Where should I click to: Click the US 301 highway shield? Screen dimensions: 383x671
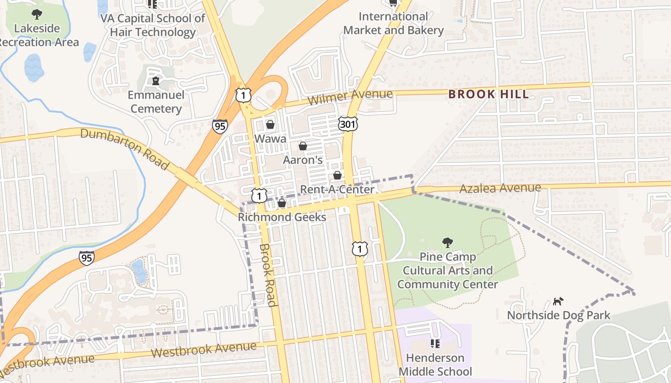[347, 123]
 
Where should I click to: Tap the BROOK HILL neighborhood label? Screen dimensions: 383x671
[489, 94]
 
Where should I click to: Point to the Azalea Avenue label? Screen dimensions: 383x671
[500, 188]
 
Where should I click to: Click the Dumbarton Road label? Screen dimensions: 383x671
[125, 148]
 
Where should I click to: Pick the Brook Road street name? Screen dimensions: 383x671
[267, 275]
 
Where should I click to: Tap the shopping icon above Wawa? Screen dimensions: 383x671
[270, 125]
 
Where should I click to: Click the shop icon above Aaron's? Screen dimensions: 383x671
[303, 146]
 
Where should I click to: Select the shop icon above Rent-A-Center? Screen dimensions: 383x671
[337, 175]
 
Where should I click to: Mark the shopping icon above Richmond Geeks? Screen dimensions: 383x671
[282, 203]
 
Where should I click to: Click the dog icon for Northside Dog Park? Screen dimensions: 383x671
[558, 301]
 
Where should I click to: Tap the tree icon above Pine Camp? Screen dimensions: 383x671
[447, 243]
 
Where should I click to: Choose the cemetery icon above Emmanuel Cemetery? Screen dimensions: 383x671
[156, 81]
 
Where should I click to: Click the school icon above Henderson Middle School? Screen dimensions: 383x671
[435, 344]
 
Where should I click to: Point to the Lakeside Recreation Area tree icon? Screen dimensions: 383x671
[36, 14]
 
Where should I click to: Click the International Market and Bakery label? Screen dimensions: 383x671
[393, 23]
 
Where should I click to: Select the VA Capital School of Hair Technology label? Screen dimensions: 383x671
[152, 25]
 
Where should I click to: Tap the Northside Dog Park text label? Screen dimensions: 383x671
[558, 315]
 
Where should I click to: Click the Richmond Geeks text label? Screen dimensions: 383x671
[282, 217]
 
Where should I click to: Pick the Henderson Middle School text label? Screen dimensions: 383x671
[435, 364]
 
